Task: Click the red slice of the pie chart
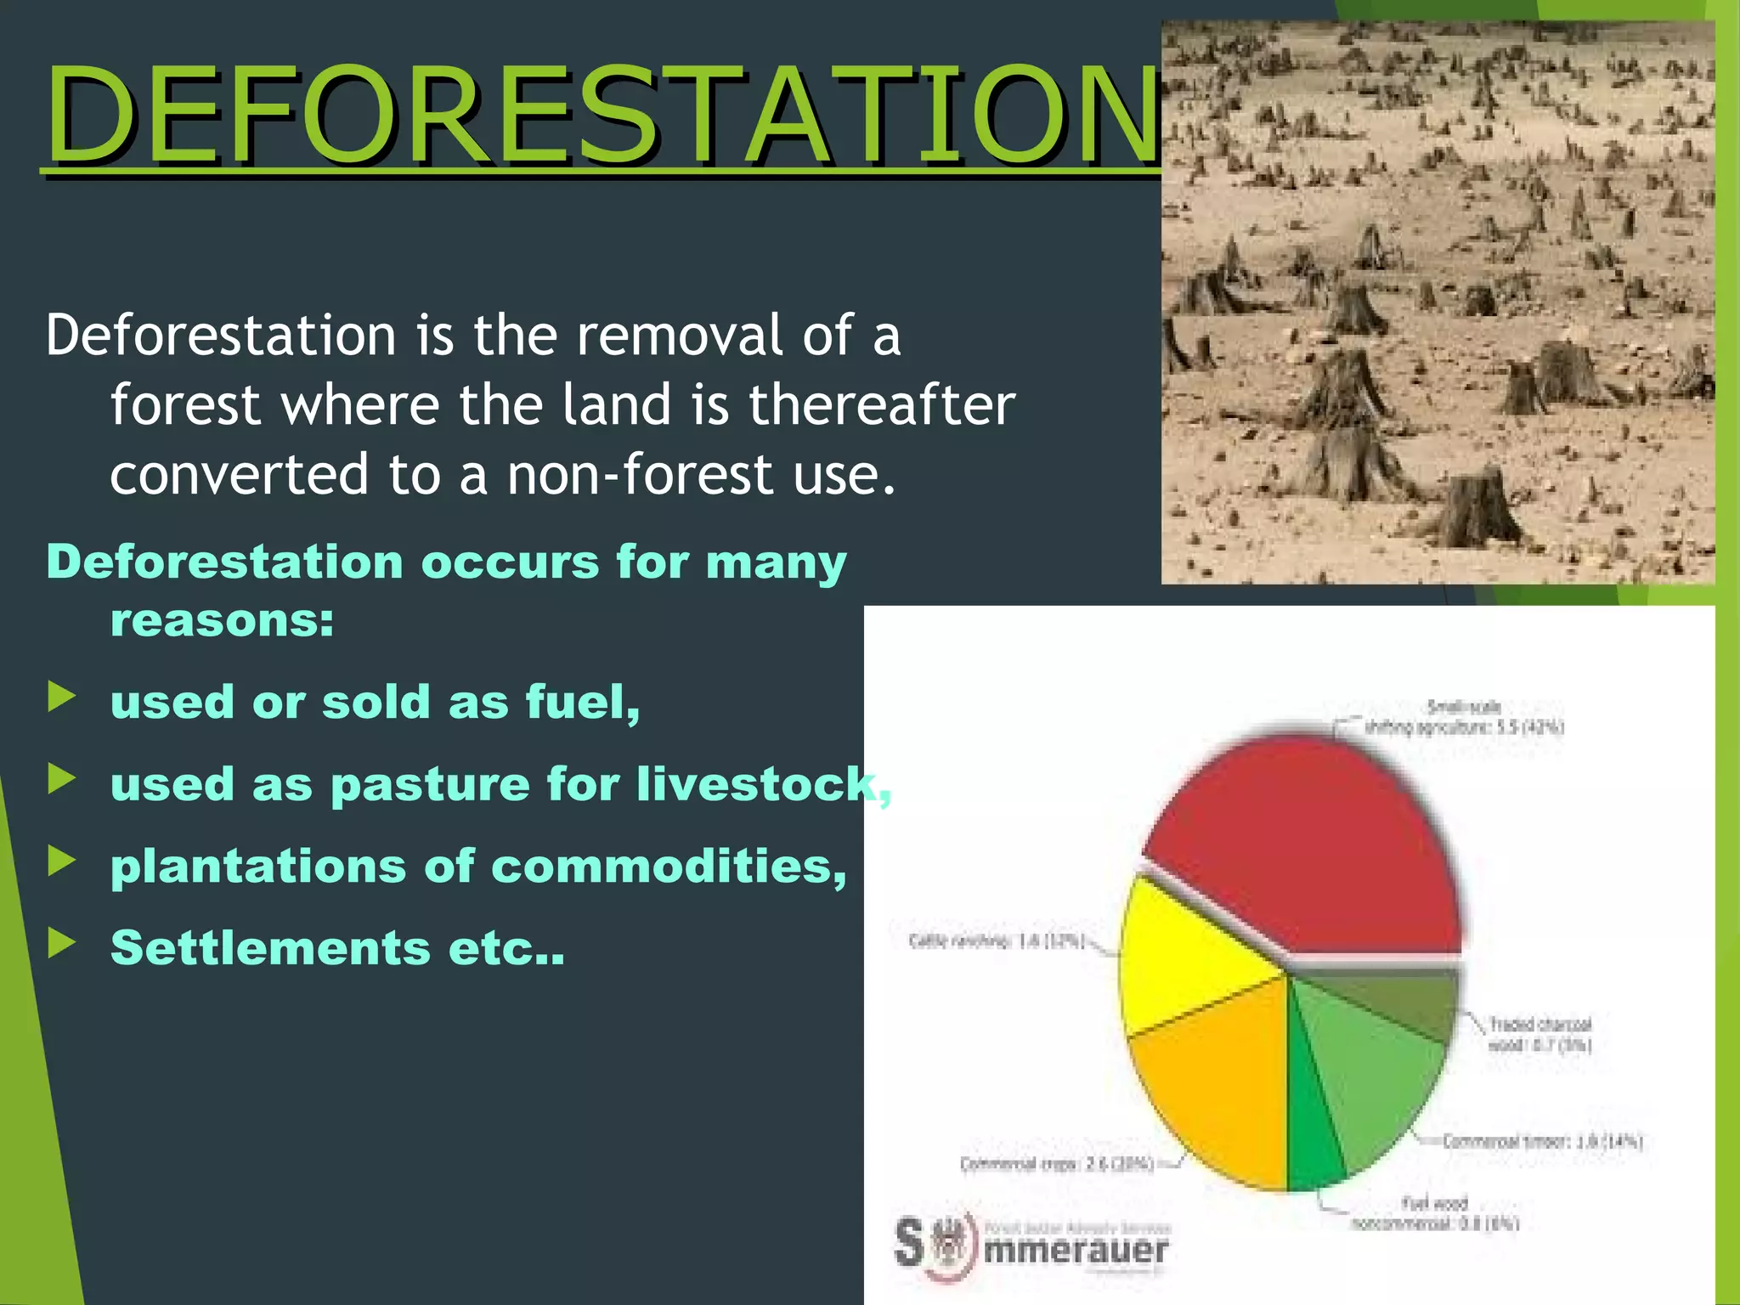pos(1308,850)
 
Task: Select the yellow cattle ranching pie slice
pos(1189,960)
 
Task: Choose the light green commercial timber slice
pos(1368,1079)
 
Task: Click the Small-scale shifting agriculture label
pos(1464,717)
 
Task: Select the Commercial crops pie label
pos(1058,1163)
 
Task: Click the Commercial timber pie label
pos(1542,1141)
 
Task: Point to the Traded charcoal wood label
pos(1539,1034)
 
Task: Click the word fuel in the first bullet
pos(581,702)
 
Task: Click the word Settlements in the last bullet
pos(270,947)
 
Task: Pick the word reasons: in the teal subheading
pos(223,620)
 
